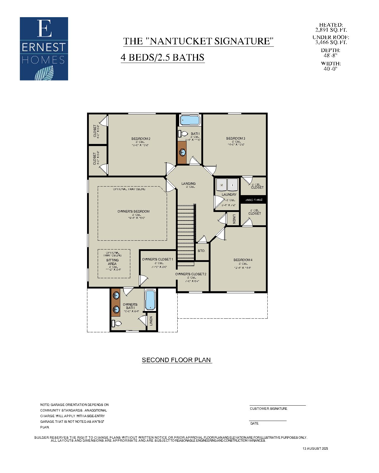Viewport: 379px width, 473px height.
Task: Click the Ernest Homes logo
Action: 44,49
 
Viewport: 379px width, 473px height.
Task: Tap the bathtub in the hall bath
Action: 190,120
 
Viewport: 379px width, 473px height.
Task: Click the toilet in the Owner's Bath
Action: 115,323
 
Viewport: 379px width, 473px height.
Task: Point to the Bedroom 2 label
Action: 141,139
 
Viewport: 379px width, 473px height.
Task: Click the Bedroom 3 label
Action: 235,138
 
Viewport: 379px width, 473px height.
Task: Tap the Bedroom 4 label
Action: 243,260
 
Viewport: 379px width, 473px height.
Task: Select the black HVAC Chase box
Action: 254,200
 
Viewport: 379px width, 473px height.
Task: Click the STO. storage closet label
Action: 201,251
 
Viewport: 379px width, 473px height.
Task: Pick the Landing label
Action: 188,184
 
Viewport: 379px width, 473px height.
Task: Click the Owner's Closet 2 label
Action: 191,274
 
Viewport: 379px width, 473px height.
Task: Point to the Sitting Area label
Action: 112,262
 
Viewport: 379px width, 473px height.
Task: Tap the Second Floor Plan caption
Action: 176,360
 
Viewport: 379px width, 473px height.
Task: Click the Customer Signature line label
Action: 268,409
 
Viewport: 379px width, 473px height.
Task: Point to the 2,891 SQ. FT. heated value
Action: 331,30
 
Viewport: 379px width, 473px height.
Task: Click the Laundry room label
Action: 229,195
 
